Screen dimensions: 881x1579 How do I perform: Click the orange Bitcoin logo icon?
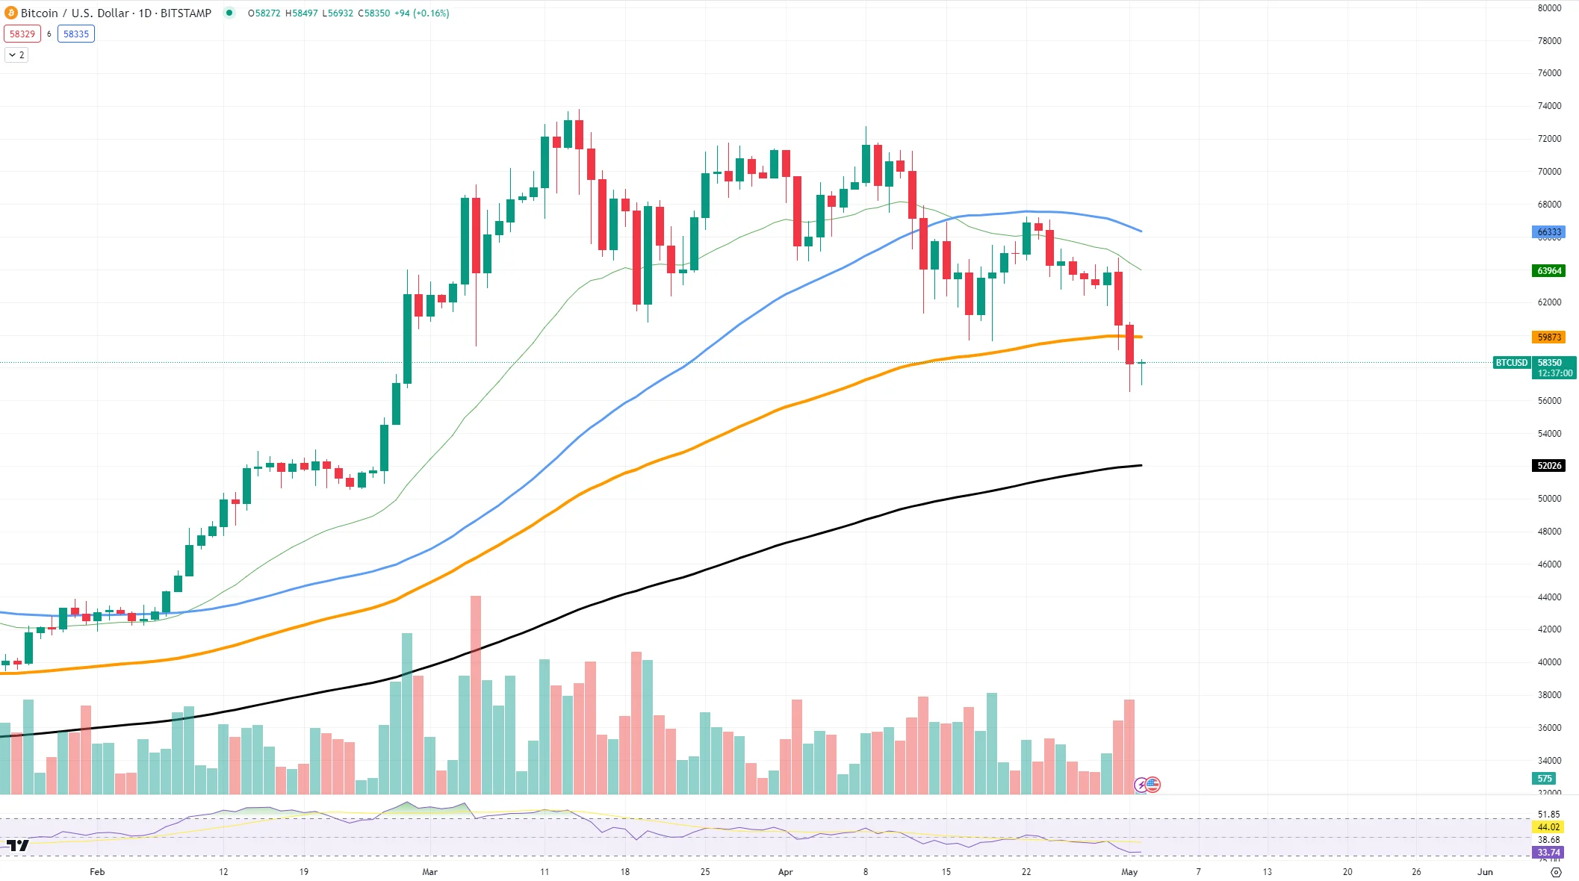pyautogui.click(x=11, y=13)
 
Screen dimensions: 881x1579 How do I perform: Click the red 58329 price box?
pyautogui.click(x=22, y=34)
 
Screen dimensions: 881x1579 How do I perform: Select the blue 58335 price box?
pyautogui.click(x=76, y=34)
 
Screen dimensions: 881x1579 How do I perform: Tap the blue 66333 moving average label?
pyautogui.click(x=1548, y=232)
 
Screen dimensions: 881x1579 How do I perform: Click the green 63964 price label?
pyautogui.click(x=1548, y=270)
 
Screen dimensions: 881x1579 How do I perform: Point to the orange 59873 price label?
pyautogui.click(x=1548, y=337)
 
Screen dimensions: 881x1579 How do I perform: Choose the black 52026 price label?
pyautogui.click(x=1548, y=465)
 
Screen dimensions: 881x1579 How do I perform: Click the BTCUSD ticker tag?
pyautogui.click(x=1511, y=363)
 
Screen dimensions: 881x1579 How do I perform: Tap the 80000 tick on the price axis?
pyautogui.click(x=1549, y=8)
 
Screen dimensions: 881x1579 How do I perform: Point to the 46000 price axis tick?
pyautogui.click(x=1549, y=564)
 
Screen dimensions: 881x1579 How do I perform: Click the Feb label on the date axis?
pyautogui.click(x=97, y=871)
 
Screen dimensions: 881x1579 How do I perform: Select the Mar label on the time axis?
pyautogui.click(x=429, y=871)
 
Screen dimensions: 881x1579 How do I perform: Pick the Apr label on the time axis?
pyautogui.click(x=785, y=871)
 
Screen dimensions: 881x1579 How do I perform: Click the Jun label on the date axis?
pyautogui.click(x=1485, y=871)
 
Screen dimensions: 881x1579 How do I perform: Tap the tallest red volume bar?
pyautogui.click(x=476, y=694)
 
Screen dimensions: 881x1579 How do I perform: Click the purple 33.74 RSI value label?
pyautogui.click(x=1548, y=852)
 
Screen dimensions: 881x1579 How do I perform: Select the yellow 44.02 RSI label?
pyautogui.click(x=1548, y=826)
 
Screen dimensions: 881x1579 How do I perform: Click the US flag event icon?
pyautogui.click(x=1153, y=785)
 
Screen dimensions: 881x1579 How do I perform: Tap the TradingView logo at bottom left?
pyautogui.click(x=17, y=845)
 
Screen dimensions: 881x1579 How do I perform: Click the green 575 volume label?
pyautogui.click(x=1545, y=778)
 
